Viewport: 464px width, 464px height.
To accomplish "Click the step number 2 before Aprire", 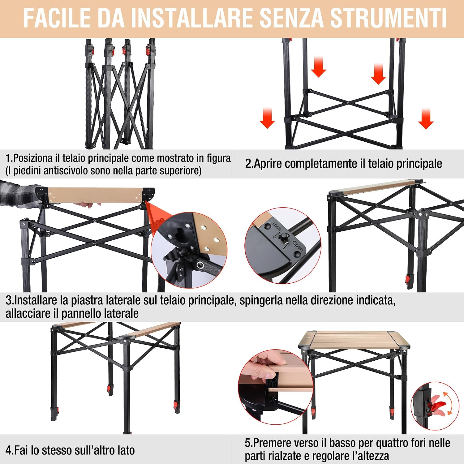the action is [x=248, y=163].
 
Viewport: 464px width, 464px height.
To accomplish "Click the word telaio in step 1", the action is [x=74, y=158].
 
